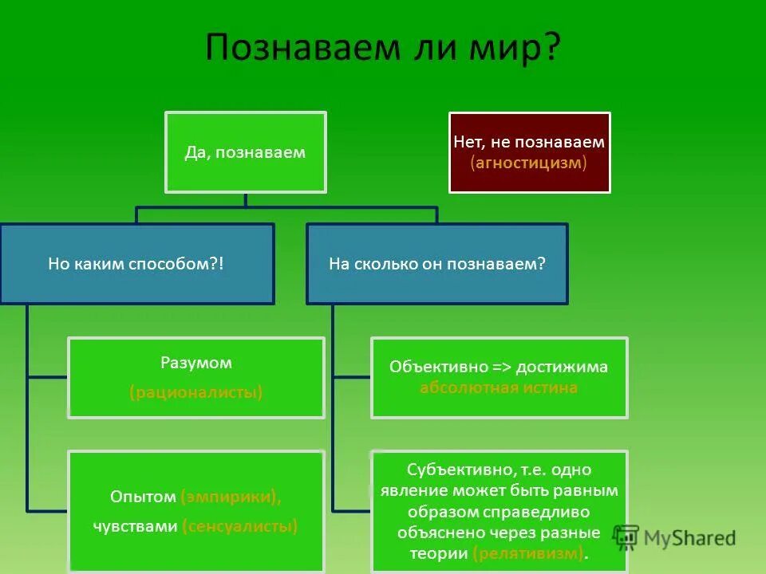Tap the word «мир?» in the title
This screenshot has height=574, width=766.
pos(522,48)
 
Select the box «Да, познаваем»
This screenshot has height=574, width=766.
pos(245,152)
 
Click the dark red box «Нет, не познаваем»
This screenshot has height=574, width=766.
pos(529,152)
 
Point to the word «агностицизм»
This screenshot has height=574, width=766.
pos(529,162)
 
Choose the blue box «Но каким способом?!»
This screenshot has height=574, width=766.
pos(136,264)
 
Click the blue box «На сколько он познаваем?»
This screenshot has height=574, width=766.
pos(437,264)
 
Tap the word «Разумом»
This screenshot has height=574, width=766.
pos(196,363)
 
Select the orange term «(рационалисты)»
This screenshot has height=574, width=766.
pos(196,392)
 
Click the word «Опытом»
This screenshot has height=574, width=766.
pos(143,497)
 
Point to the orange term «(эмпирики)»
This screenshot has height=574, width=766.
pos(231,497)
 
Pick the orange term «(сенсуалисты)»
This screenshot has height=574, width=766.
pos(239,525)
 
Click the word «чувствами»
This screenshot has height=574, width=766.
pos(136,525)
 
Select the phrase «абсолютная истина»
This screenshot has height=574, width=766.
pos(499,388)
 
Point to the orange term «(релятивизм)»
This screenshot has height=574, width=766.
pos(528,553)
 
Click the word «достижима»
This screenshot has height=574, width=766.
pos(562,367)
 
